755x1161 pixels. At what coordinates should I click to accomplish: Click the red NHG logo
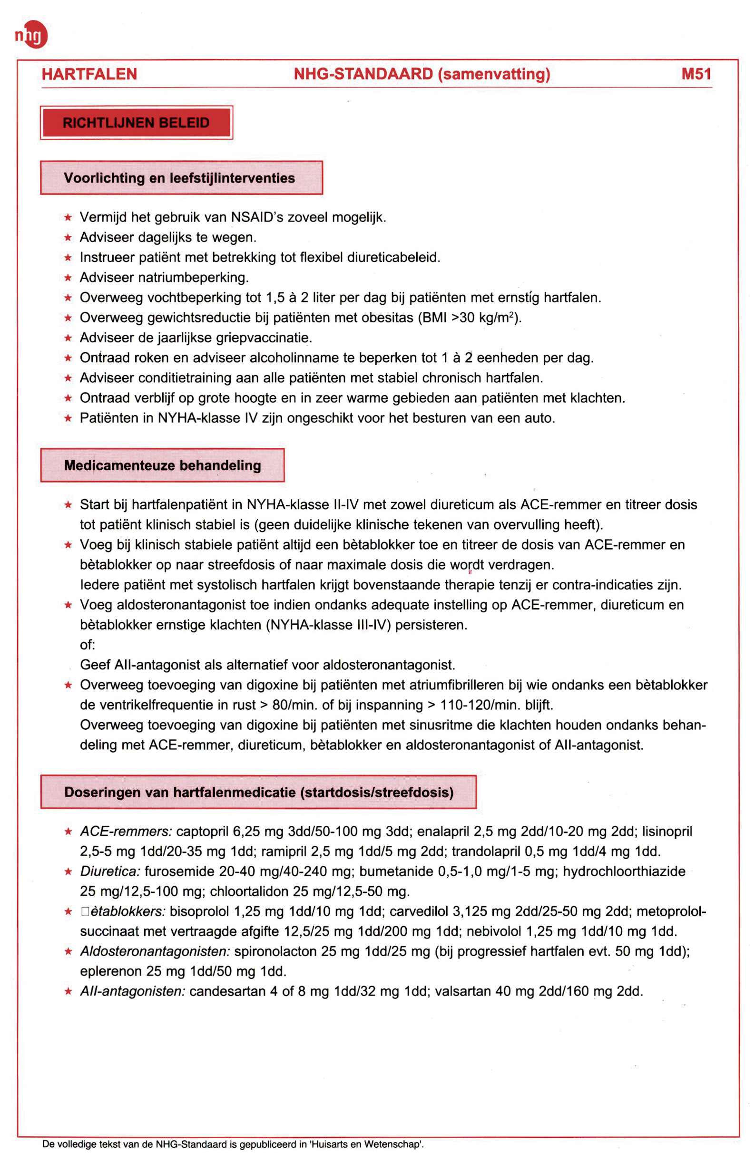click(32, 35)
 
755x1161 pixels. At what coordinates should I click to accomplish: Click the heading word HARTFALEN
click(89, 74)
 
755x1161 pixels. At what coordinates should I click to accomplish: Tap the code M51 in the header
click(696, 74)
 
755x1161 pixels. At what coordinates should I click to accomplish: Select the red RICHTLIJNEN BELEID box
click(136, 123)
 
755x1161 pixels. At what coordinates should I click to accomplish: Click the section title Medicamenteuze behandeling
click(162, 465)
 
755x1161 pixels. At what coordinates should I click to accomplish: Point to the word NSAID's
click(257, 218)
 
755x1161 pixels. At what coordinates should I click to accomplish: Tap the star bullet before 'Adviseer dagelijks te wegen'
click(69, 238)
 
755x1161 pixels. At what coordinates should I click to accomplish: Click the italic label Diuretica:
click(110, 871)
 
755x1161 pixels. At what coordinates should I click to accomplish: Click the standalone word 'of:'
click(88, 645)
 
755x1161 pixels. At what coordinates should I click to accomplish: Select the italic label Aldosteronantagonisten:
click(155, 951)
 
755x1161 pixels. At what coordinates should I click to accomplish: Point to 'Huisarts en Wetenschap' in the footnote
click(365, 1144)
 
